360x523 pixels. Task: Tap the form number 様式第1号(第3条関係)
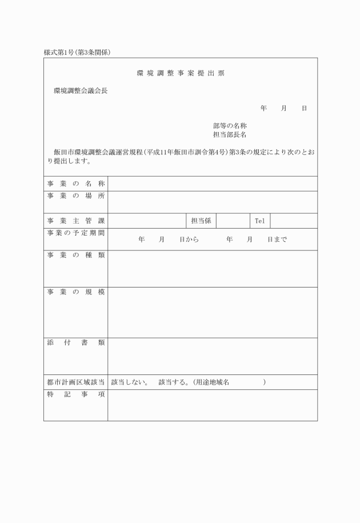(77, 53)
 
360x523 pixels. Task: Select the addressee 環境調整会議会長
(81, 90)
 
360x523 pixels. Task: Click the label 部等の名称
(230, 125)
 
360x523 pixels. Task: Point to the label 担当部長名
(230, 135)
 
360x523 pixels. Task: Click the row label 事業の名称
(75, 183)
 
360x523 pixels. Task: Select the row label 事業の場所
(75, 196)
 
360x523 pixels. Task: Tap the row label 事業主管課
(75, 221)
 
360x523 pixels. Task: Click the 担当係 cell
(201, 221)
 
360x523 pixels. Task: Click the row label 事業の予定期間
(75, 233)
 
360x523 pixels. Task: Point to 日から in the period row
(189, 240)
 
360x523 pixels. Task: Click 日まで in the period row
(277, 240)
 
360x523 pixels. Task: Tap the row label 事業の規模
(75, 292)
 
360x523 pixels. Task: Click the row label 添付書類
(75, 343)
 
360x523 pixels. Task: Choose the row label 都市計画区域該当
(75, 382)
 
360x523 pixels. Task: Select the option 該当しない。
(130, 382)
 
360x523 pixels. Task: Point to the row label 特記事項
(75, 395)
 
